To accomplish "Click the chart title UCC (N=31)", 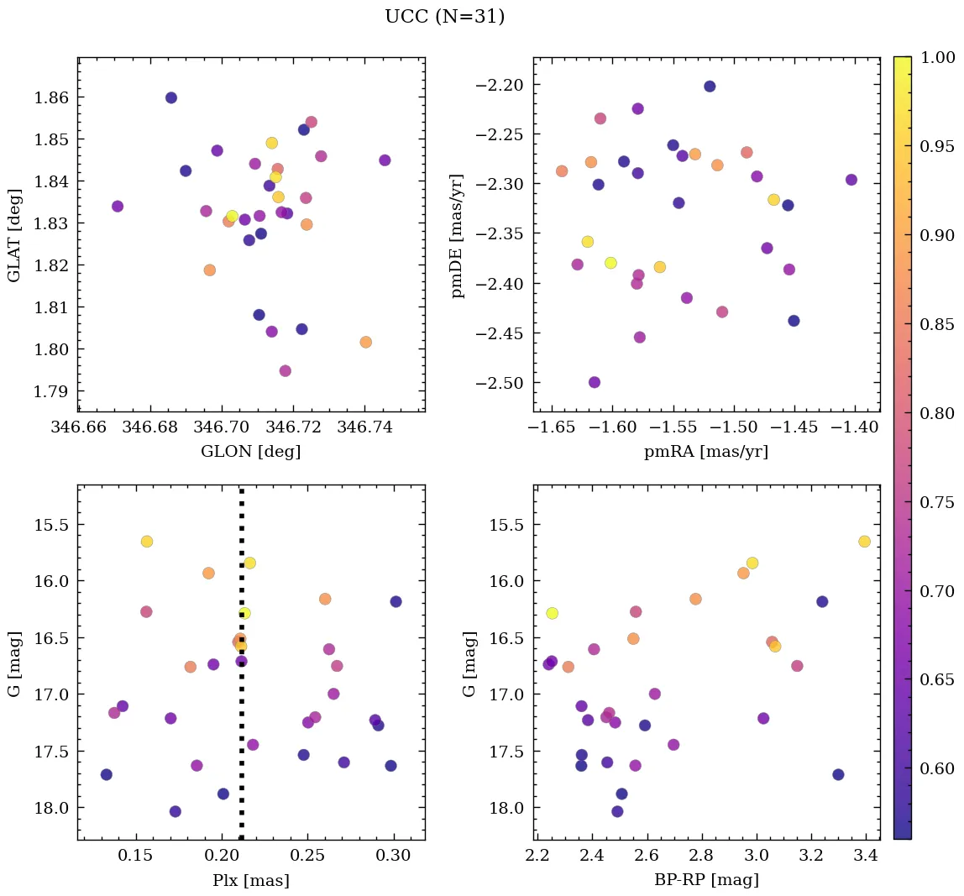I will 444,17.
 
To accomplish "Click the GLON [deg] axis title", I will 250,451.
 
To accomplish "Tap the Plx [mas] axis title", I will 250,881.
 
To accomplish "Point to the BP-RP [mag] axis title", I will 706,880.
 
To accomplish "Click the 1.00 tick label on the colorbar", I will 938,57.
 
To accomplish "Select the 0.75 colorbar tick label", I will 938,502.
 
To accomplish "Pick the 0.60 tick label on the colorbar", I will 938,768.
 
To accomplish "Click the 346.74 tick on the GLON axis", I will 364,427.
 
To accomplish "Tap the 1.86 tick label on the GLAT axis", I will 51,97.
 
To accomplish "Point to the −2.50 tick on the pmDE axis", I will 500,383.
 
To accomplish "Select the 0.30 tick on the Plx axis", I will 393,857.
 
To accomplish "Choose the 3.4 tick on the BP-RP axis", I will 867,857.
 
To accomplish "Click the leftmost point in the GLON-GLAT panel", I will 118,207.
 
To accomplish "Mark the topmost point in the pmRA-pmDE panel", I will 710,86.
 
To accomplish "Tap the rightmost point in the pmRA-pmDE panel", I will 851,180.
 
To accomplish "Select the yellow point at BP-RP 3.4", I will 865,542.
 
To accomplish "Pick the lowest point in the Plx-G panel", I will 176,811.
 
